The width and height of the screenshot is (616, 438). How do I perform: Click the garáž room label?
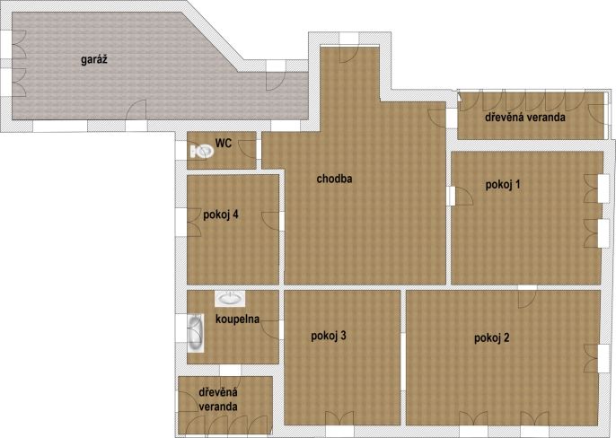(94, 60)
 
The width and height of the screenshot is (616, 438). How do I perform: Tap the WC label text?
(223, 144)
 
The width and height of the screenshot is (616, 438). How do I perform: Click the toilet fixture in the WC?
(202, 152)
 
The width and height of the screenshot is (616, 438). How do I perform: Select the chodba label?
(334, 179)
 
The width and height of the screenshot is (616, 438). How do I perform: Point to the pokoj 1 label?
(503, 185)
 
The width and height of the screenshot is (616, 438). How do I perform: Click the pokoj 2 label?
(491, 337)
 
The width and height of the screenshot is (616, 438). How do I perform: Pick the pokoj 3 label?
(329, 336)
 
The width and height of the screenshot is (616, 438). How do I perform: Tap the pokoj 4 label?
(221, 215)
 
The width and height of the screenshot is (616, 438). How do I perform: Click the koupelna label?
(237, 319)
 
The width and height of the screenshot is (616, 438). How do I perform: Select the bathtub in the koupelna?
(195, 333)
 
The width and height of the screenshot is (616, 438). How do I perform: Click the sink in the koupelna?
(230, 299)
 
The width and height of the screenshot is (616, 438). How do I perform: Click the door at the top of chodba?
(349, 53)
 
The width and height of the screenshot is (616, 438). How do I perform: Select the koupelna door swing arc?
(269, 329)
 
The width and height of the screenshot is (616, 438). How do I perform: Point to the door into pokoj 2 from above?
(528, 299)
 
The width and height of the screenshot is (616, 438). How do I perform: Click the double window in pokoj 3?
(339, 418)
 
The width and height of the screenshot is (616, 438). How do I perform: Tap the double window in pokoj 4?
(194, 222)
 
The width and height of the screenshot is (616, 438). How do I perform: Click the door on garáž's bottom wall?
(136, 110)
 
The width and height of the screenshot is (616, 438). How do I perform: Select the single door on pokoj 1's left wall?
(463, 196)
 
